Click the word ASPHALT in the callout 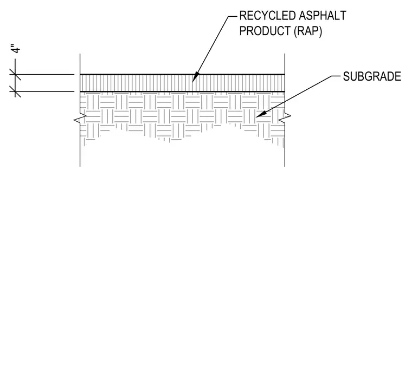(x=323, y=16)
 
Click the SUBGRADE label (x=372, y=77)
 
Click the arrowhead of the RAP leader (x=196, y=77)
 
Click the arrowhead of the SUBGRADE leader (x=261, y=114)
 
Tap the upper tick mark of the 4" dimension (x=15, y=75)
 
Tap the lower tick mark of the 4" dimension (x=15, y=91)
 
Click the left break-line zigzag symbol (x=80, y=119)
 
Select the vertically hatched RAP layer (x=182, y=83)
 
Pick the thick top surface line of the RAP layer (x=182, y=75)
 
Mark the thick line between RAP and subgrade (x=182, y=91)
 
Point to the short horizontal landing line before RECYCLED (x=233, y=16)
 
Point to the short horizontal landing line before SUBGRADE (x=336, y=76)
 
